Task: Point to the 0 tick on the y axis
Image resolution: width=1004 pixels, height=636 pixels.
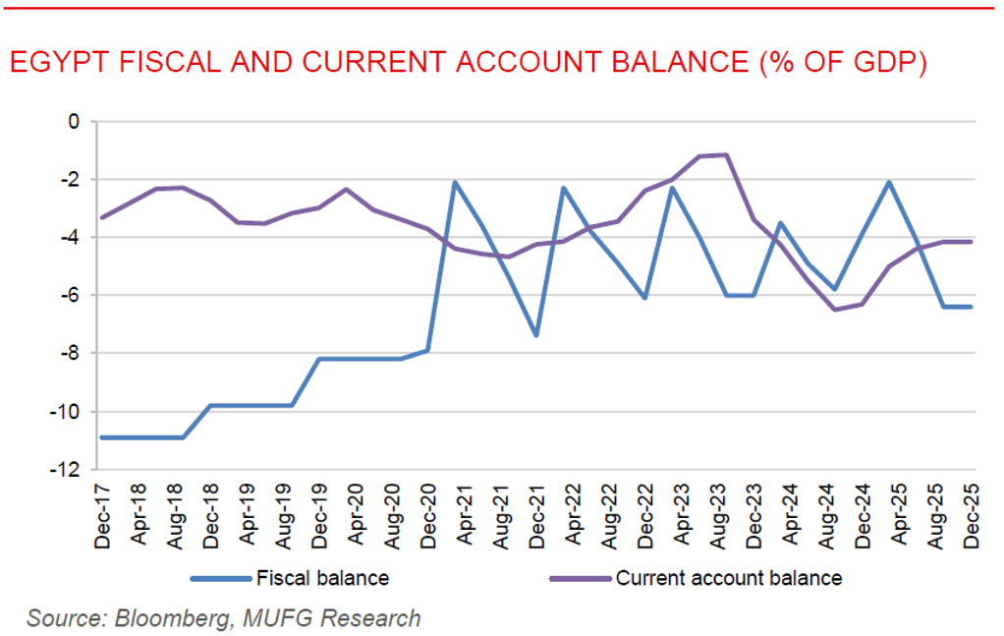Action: pyautogui.click(x=73, y=122)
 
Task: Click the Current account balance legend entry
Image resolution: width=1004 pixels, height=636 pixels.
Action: pyautogui.click(x=728, y=578)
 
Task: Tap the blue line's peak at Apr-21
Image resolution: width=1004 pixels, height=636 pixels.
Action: pyautogui.click(x=455, y=182)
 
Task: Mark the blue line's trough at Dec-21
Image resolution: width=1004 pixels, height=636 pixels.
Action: pyautogui.click(x=536, y=335)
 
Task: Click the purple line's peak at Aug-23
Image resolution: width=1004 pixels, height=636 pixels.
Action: pyautogui.click(x=726, y=154)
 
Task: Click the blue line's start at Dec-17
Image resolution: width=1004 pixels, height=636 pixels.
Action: pyautogui.click(x=102, y=437)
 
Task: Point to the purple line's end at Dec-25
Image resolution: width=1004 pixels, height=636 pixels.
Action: pyautogui.click(x=971, y=242)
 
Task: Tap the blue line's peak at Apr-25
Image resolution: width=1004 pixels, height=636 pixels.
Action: pyautogui.click(x=889, y=182)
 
